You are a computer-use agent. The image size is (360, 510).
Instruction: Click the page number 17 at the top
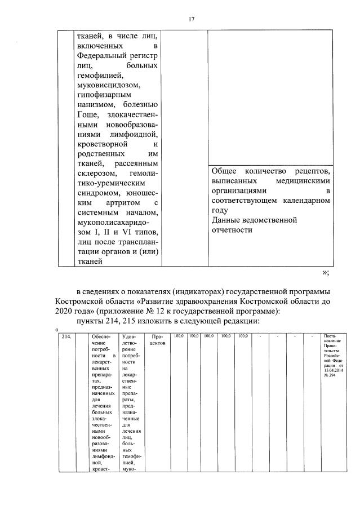(191, 19)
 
